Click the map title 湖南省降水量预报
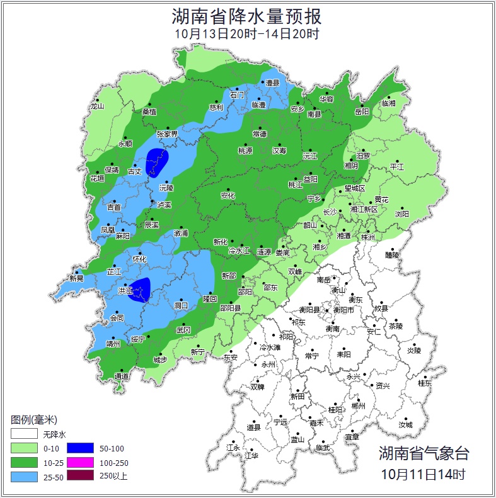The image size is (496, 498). [247, 16]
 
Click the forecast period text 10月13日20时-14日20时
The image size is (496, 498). [247, 34]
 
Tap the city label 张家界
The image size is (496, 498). [167, 134]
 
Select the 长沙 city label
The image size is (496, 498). [330, 212]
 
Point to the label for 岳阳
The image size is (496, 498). [362, 112]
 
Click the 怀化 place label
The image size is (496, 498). [139, 259]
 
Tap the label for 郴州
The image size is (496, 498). [358, 407]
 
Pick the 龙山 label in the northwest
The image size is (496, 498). [96, 106]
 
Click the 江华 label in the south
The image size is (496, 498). [251, 455]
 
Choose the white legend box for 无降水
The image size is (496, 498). [23, 434]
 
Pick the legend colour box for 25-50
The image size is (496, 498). [23, 476]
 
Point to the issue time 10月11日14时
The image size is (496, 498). [424, 473]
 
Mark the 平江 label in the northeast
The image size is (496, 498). [397, 167]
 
